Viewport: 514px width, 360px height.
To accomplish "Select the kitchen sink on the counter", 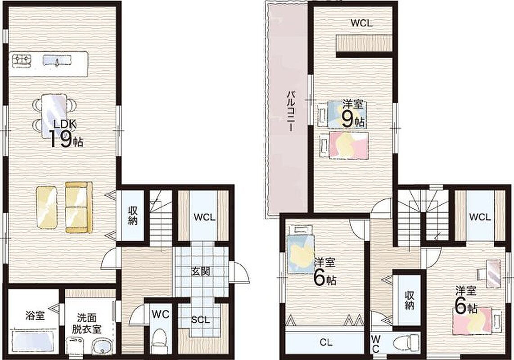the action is pos(57,60).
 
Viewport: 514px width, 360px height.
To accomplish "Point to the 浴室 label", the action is pos(35,316).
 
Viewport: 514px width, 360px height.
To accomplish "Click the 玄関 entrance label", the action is pos(201,271).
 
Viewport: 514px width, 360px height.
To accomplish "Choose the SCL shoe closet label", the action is pos(200,319).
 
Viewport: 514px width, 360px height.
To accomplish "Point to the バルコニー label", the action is pos(290,111).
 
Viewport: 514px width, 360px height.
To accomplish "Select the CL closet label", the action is pos(326,342).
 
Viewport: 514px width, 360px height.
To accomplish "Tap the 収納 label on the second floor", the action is pos(410,300).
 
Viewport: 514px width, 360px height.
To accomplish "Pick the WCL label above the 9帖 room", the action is pos(361,23).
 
